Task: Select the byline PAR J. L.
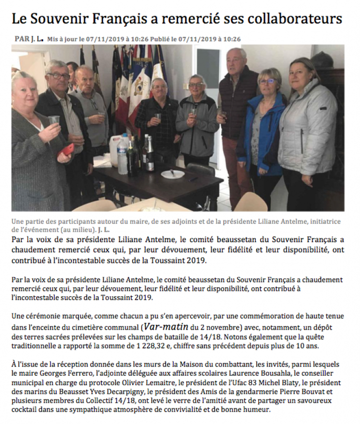[x=29, y=38]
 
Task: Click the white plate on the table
[x=173, y=174]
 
